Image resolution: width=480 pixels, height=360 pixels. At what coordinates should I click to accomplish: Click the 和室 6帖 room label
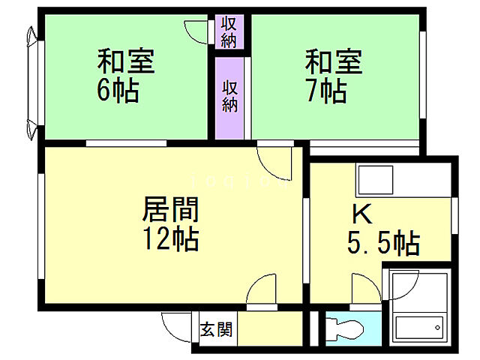point(125,76)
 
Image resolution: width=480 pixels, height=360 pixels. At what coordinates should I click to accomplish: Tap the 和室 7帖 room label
point(332,76)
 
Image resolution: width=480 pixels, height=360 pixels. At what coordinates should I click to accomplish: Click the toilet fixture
point(344,328)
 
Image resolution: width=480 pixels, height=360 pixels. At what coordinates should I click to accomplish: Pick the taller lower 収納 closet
point(229,96)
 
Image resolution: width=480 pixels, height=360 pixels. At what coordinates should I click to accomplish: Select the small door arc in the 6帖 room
point(196,33)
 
